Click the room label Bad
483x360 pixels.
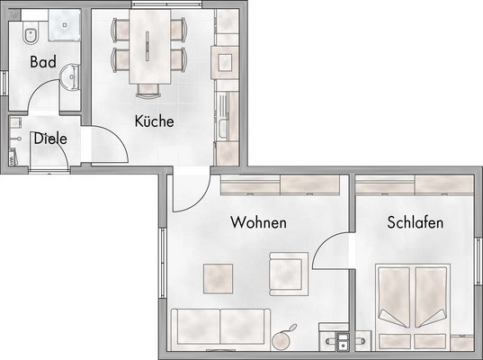42,62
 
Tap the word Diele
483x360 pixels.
49,139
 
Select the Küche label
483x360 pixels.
154,121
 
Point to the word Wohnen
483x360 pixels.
258,222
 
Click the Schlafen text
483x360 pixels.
416,222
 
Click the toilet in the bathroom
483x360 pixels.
30,35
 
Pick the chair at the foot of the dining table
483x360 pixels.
149,90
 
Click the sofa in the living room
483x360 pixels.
219,326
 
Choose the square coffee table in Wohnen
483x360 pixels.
219,276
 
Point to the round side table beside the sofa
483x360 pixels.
282,340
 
